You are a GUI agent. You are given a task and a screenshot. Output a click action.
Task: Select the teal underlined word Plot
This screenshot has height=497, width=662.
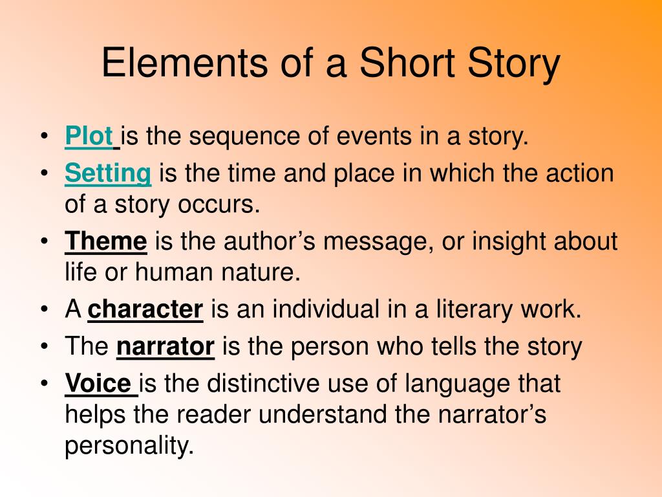click(89, 136)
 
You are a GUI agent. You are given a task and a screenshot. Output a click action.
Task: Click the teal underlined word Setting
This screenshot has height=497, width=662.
click(108, 173)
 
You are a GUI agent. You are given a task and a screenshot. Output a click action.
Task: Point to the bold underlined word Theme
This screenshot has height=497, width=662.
click(106, 241)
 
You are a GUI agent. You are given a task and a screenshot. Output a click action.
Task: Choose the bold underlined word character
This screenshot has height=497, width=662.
click(145, 309)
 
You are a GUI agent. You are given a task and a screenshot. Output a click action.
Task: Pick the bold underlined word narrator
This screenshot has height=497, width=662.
click(165, 347)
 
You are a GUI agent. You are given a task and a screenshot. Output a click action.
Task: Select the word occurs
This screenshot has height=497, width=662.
click(219, 205)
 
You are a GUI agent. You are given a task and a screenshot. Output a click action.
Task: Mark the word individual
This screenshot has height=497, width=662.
click(326, 309)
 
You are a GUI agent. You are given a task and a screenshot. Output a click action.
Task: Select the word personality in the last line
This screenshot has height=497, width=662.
click(129, 445)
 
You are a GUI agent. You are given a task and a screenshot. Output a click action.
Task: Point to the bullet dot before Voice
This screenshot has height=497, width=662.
click(45, 384)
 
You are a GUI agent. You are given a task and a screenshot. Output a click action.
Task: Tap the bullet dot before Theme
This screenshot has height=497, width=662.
click(45, 241)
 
